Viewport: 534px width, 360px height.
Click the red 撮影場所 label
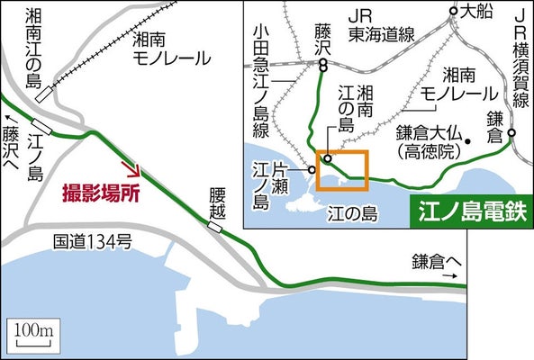(x=100, y=192)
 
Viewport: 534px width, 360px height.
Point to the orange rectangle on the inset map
(x=341, y=169)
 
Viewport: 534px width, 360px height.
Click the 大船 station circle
(x=453, y=13)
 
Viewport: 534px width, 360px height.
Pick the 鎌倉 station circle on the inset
(x=511, y=134)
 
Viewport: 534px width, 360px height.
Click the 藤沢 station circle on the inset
(x=322, y=66)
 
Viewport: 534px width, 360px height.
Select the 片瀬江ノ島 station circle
(x=311, y=169)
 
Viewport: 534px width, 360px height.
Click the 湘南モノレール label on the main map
(x=171, y=49)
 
